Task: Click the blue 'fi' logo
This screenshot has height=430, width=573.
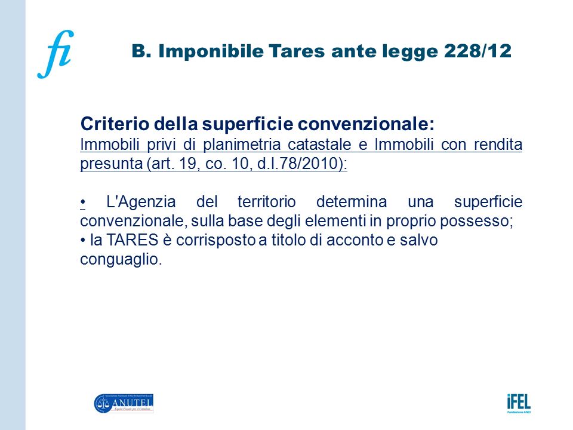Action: point(56,54)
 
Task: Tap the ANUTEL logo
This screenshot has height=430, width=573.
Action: point(124,403)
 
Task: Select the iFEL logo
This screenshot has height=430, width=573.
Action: point(519,403)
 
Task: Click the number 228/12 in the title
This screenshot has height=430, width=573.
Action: point(478,51)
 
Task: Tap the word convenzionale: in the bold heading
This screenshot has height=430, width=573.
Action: point(366,124)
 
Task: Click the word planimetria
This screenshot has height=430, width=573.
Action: point(242,145)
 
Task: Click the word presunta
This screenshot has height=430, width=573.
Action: point(112,164)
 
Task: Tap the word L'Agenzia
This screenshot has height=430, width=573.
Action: point(141,202)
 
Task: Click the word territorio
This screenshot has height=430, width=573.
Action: point(266,202)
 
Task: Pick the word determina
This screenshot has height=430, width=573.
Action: point(352,202)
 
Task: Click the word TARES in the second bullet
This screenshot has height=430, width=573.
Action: point(133,240)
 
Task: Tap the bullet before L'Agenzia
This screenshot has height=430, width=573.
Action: point(83,202)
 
